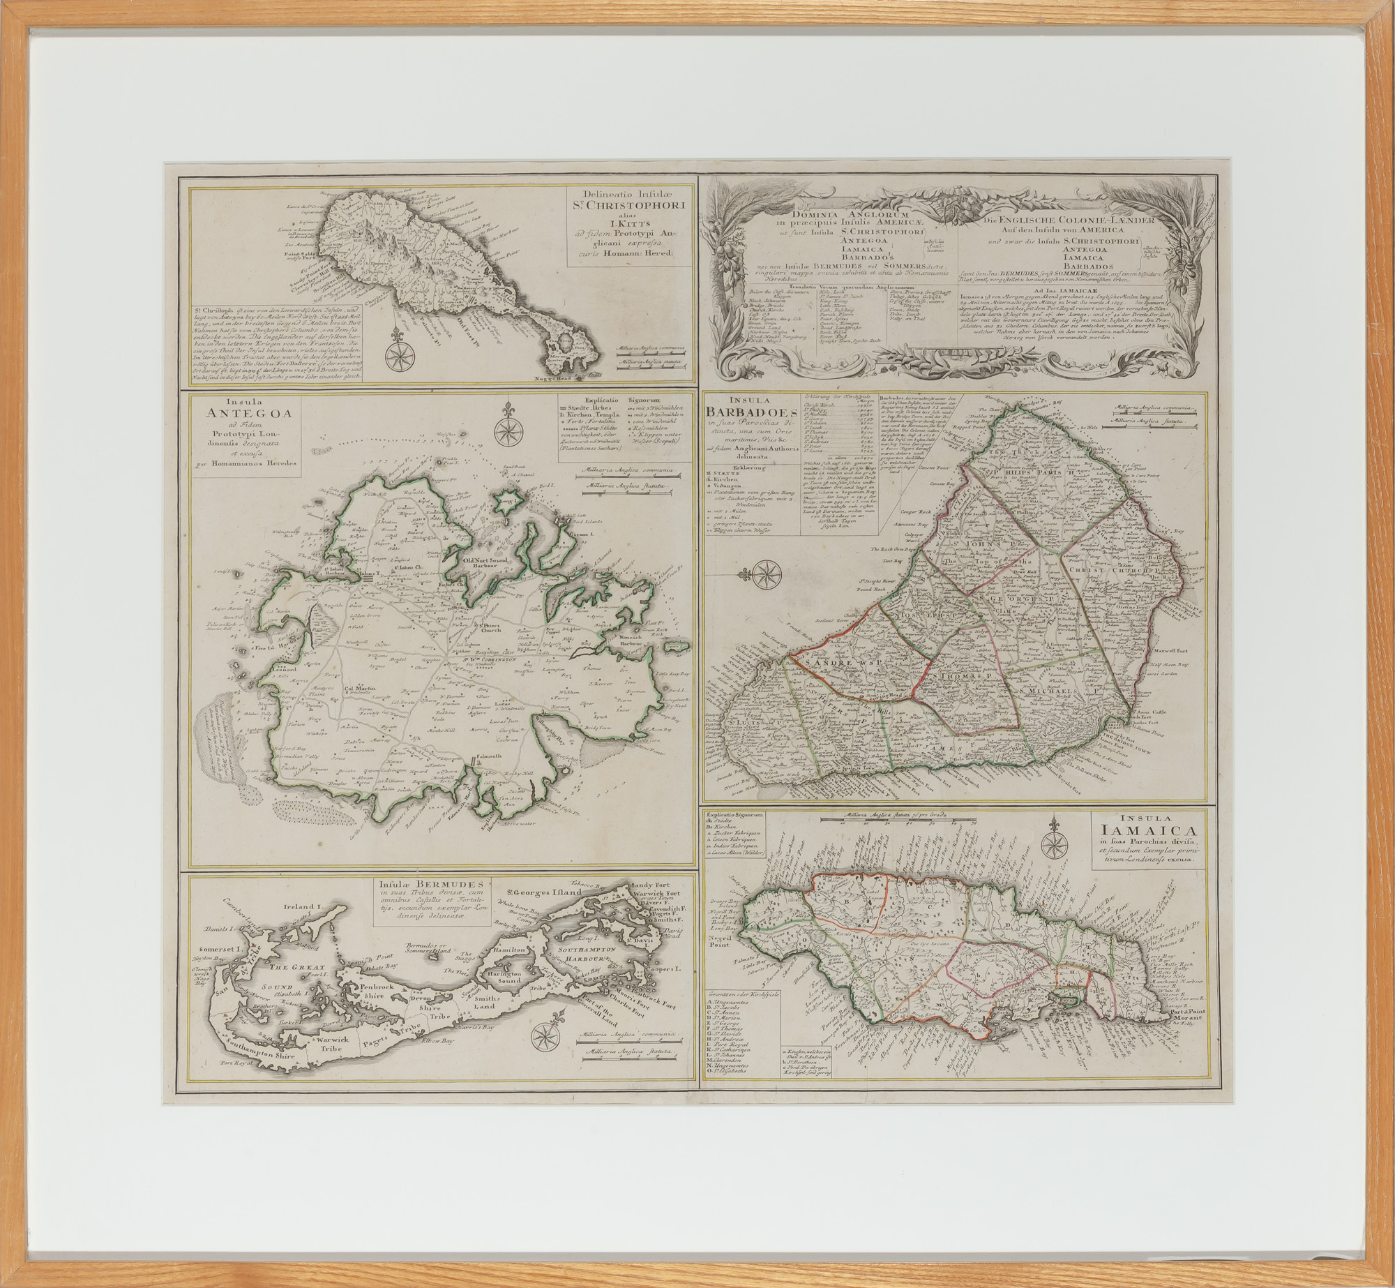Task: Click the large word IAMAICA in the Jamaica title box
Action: (1143, 830)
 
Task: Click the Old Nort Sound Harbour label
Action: (493, 562)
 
